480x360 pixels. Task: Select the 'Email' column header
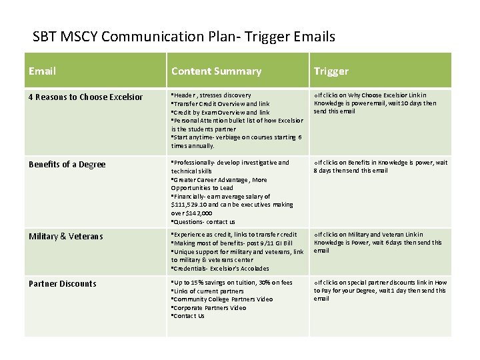43,71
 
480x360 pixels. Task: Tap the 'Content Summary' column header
216,71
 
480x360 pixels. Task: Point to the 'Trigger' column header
331,71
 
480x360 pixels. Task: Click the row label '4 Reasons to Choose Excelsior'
85,97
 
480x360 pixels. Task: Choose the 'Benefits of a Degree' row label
67,165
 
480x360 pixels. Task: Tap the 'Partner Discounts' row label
63,283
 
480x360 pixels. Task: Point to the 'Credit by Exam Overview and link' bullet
221,113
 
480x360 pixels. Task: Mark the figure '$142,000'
199,213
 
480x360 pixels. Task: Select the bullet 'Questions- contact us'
204,222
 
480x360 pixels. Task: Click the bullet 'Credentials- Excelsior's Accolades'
221,269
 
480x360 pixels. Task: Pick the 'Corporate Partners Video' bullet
209,308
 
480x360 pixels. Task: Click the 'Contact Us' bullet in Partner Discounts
189,316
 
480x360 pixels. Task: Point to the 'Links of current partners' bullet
208,291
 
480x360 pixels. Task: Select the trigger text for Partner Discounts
381,290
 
